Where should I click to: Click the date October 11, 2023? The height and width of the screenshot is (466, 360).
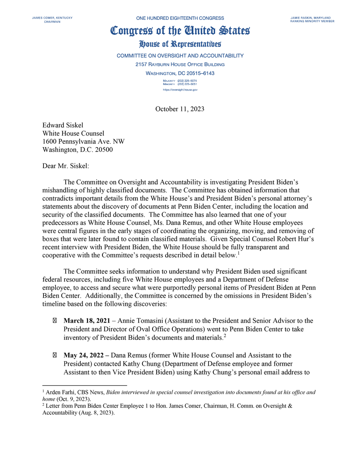(x=180, y=109)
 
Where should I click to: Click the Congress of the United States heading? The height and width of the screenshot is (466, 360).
(x=180, y=31)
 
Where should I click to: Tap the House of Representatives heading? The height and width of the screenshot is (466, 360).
(x=180, y=44)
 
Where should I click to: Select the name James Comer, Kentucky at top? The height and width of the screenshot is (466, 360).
(x=52, y=18)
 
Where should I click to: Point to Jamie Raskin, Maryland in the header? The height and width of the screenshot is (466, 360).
(x=310, y=18)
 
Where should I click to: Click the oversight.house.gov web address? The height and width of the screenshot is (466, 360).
(x=180, y=90)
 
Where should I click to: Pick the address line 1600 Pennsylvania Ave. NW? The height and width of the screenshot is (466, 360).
(x=83, y=141)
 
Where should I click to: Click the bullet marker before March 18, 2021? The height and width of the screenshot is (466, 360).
(x=54, y=321)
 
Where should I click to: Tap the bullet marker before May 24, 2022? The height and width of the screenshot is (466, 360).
(x=54, y=355)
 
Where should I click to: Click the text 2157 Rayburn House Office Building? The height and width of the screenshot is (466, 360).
(x=180, y=64)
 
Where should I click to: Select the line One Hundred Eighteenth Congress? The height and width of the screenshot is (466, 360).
(x=180, y=18)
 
